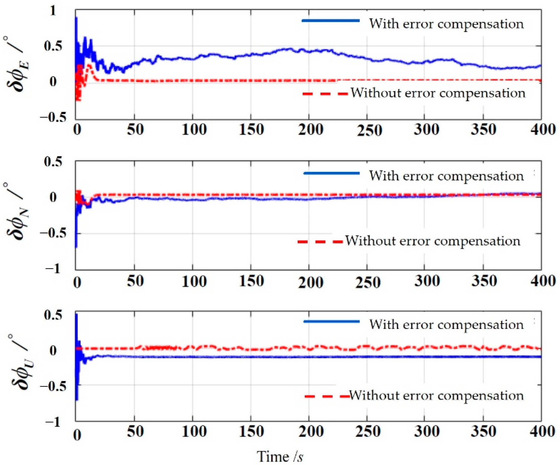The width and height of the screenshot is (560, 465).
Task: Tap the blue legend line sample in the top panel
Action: coord(331,21)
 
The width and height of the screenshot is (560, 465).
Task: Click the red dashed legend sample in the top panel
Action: coord(325,94)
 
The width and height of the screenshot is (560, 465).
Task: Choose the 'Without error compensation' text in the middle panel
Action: coord(433,241)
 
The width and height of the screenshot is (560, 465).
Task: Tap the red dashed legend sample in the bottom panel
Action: coord(327,396)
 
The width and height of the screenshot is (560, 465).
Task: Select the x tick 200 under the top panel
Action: coord(311,130)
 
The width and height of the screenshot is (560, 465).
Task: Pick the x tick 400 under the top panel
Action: coord(542,130)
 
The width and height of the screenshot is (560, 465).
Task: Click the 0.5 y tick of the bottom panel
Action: coord(53,315)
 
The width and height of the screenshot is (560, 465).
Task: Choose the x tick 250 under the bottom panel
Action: coord(368,431)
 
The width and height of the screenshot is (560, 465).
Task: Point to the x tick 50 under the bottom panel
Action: coord(135,431)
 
